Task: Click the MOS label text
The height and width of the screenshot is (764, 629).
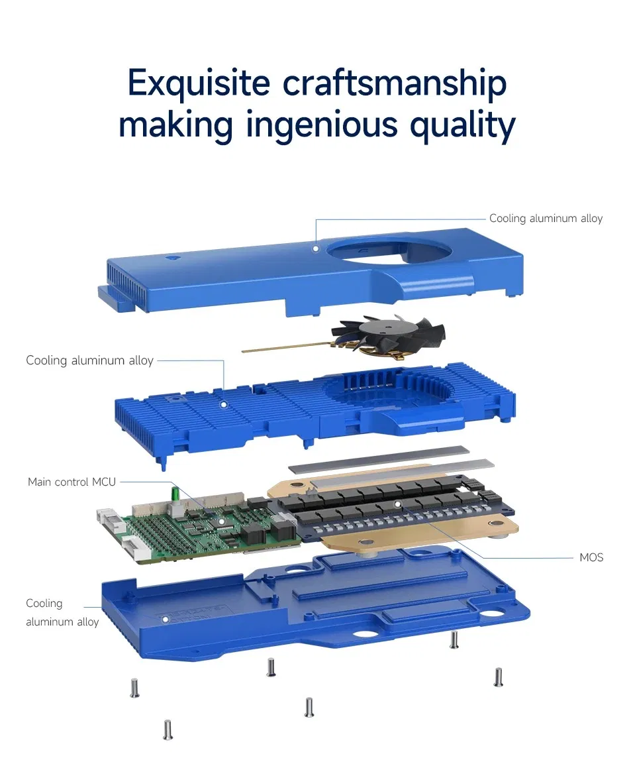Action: [x=591, y=557]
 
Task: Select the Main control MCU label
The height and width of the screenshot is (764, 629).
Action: [x=72, y=482]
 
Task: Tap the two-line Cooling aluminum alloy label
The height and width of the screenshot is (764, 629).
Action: [x=62, y=612]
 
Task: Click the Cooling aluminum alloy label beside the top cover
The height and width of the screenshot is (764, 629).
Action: [x=546, y=218]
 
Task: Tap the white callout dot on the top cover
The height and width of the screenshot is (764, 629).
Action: [x=316, y=248]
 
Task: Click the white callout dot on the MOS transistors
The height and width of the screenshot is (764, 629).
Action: [x=397, y=505]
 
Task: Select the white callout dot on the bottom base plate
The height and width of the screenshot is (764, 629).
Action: [x=165, y=618]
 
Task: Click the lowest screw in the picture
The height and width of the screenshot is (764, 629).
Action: [x=167, y=730]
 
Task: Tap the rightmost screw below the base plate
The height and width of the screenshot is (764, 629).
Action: [x=498, y=677]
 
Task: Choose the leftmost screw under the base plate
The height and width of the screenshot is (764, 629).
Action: [x=134, y=688]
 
